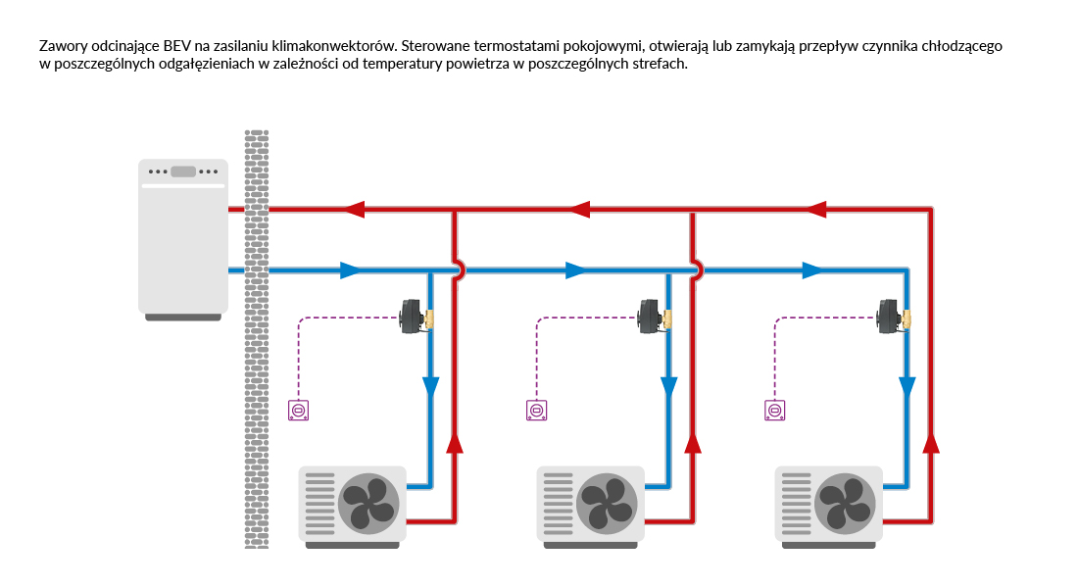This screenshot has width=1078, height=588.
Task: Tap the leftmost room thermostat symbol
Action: pyautogui.click(x=299, y=411)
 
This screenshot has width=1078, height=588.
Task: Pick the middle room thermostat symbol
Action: pyautogui.click(x=536, y=411)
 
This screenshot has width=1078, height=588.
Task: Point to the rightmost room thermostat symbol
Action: pyautogui.click(x=774, y=411)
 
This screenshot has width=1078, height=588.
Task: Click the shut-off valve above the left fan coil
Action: pyautogui.click(x=417, y=318)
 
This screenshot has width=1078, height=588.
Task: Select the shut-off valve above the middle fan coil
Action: pyautogui.click(x=656, y=318)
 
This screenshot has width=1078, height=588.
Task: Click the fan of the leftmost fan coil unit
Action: pyautogui.click(x=368, y=503)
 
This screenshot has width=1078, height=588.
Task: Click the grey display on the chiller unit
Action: pyautogui.click(x=183, y=171)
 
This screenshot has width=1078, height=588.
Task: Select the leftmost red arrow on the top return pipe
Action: pyautogui.click(x=354, y=209)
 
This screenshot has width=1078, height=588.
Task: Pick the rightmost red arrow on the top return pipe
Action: pyautogui.click(x=816, y=209)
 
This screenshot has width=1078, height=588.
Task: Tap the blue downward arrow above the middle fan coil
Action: pyautogui.click(x=668, y=386)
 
